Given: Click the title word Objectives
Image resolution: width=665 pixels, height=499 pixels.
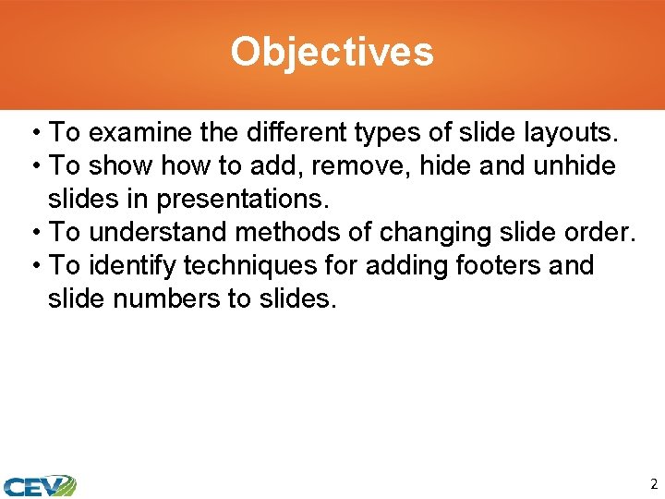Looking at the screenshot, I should coord(332,52).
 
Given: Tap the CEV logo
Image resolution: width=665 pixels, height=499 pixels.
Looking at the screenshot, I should coord(39,484).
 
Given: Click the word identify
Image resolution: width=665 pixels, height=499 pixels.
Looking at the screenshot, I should coord(132,266).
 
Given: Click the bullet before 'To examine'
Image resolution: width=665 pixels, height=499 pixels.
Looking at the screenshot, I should coord(34,133).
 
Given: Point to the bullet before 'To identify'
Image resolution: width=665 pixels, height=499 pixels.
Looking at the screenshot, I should coord(34,266).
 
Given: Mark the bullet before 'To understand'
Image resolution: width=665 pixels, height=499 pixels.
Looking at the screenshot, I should coord(34,233).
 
